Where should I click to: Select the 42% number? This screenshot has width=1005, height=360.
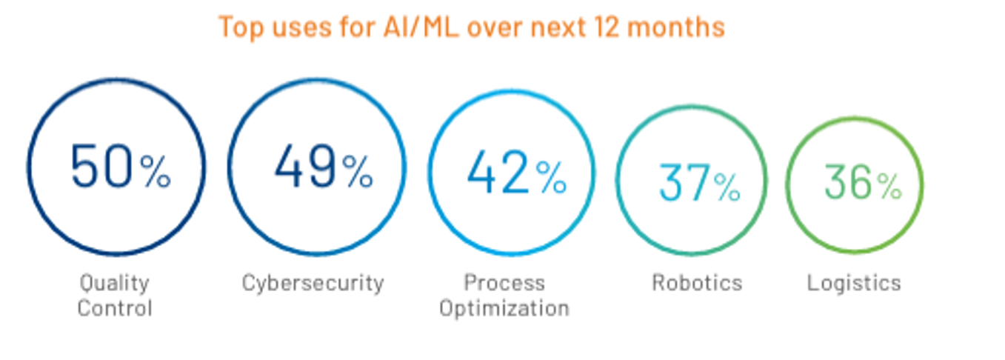click(516, 173)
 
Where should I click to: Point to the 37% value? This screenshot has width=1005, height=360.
click(698, 183)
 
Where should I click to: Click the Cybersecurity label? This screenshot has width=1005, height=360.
click(313, 282)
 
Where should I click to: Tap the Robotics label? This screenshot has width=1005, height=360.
click(696, 282)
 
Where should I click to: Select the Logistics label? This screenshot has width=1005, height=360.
click(854, 282)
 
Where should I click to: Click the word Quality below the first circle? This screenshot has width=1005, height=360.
click(115, 283)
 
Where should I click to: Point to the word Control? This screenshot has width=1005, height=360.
click(115, 307)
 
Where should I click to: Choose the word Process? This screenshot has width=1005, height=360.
click(504, 282)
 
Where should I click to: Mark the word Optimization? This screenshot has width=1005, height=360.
click(504, 307)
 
